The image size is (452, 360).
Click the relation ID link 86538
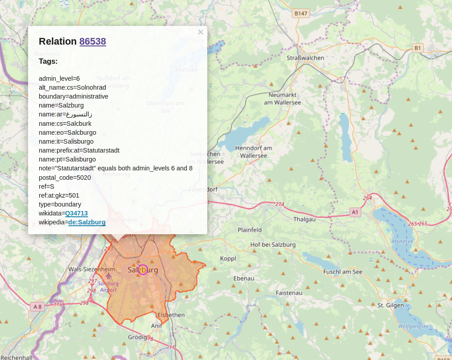[93, 41]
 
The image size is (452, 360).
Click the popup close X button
[201, 32]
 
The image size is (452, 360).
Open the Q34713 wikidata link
[76, 213]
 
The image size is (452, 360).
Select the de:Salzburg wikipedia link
[87, 222]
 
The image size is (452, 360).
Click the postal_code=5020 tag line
[65, 178]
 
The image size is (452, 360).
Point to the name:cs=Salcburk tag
[65, 124]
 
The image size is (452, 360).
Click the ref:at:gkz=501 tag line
[59, 195]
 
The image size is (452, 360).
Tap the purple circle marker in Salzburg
[143, 269]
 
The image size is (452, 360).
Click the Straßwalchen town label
[305, 58]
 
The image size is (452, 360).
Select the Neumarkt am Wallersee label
[282, 99]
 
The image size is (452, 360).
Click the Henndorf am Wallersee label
[253, 152]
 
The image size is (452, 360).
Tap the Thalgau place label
[304, 219]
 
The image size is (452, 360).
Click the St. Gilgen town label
[390, 305]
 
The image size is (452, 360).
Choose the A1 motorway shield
[355, 212]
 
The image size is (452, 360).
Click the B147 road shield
[301, 13]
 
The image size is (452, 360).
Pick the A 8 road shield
[37, 306]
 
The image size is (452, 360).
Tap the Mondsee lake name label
[403, 241]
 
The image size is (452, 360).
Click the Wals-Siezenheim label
[91, 269]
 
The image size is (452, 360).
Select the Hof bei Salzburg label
[273, 244]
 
